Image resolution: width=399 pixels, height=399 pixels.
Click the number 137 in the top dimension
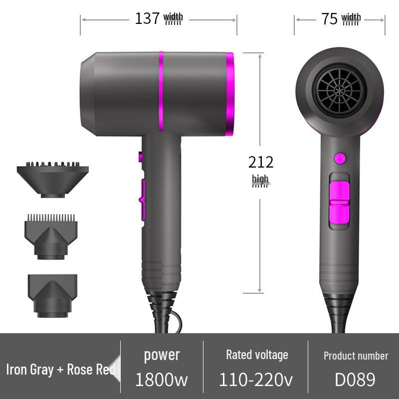(x=147, y=18)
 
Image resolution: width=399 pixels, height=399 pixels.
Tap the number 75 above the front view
(x=329, y=18)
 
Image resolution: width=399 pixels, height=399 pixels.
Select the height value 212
(x=261, y=162)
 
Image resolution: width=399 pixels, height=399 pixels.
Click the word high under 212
(x=260, y=179)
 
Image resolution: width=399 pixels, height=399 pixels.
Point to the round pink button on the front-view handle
(x=340, y=159)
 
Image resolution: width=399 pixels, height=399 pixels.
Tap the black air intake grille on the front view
(x=339, y=90)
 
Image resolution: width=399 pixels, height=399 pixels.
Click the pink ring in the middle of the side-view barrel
(x=161, y=92)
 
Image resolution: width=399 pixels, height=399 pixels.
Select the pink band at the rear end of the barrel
(x=230, y=94)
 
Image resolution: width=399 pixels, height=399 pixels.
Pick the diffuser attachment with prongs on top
(x=53, y=180)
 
